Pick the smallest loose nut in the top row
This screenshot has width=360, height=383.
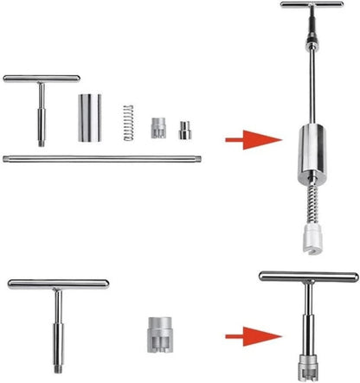183,130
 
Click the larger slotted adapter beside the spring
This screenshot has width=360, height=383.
158,129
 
